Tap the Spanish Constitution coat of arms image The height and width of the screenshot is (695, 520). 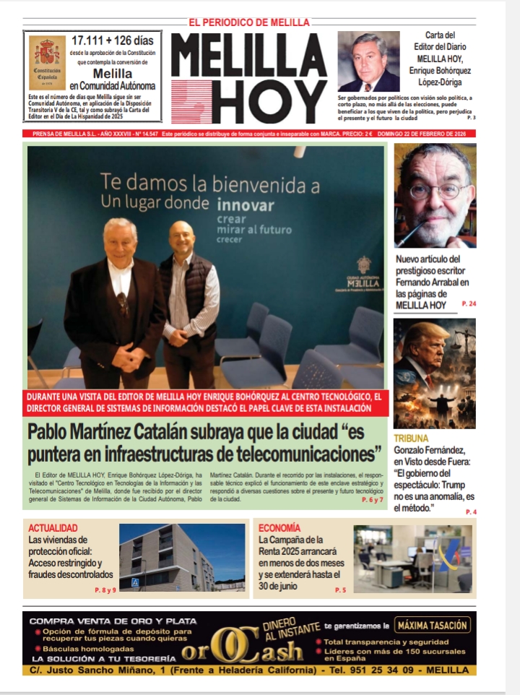(47, 63)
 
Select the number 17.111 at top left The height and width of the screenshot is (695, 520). (92, 40)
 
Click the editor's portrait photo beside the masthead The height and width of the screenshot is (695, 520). (368, 61)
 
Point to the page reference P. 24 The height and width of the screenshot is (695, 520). (469, 306)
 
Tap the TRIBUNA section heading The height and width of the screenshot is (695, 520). (411, 439)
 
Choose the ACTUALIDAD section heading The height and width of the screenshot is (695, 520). (53, 528)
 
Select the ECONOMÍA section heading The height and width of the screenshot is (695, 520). (279, 528)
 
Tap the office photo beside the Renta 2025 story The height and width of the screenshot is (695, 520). (412, 559)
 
